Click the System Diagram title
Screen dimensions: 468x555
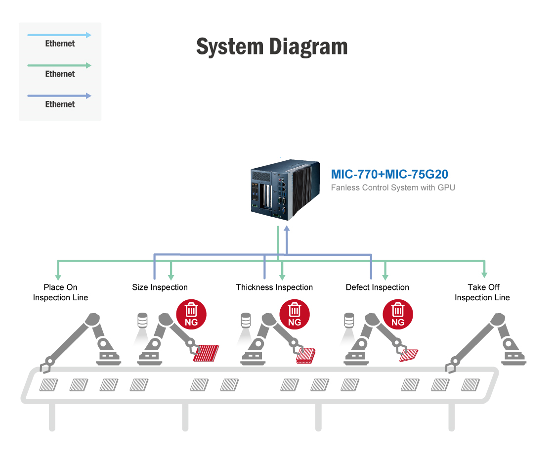click(272, 47)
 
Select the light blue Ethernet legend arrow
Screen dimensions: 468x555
click(59, 35)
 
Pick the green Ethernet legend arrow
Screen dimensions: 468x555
click(59, 65)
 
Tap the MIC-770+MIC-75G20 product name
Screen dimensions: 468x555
click(389, 174)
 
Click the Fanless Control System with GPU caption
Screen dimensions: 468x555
click(393, 188)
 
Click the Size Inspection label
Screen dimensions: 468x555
click(160, 287)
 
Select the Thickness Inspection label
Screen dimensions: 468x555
click(274, 287)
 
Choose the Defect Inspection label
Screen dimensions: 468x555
click(377, 287)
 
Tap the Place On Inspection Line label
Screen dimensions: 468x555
click(60, 292)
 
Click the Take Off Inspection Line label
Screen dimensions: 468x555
click(482, 292)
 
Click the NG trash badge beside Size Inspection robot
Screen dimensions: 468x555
click(191, 315)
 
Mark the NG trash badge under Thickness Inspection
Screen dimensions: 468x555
click(295, 315)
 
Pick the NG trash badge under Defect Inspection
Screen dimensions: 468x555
click(397, 315)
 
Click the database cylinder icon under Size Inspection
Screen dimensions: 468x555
click(142, 320)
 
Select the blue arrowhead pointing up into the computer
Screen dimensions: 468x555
click(287, 229)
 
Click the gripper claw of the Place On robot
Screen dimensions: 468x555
click(45, 365)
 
